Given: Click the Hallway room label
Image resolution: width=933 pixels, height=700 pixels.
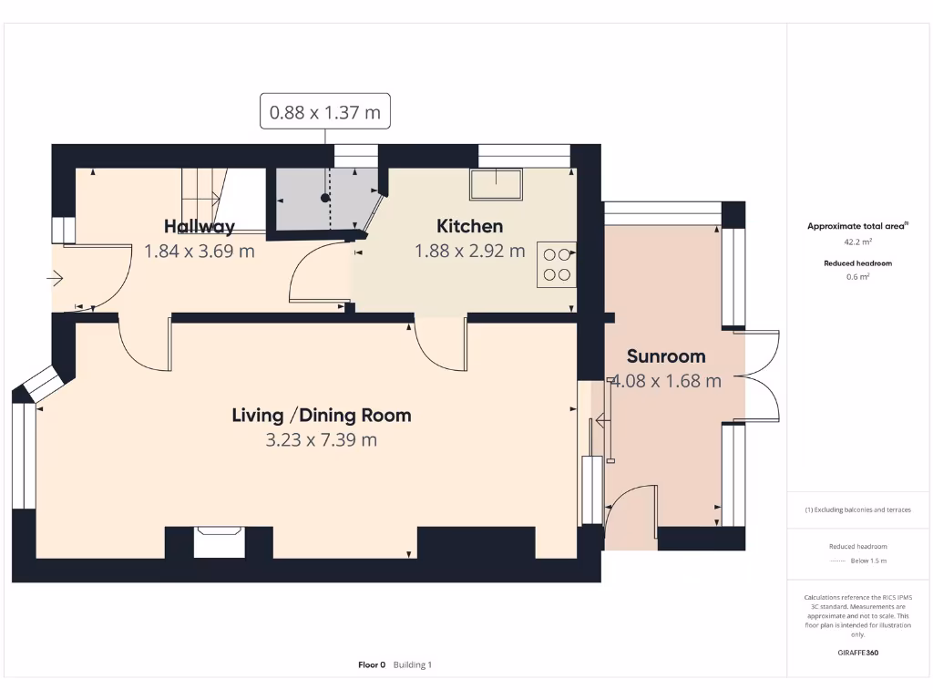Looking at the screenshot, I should (x=199, y=226).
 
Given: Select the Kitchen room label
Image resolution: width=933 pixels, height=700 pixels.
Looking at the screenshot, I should (x=469, y=226).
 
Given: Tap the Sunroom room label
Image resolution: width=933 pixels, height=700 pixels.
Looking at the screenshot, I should (x=666, y=356).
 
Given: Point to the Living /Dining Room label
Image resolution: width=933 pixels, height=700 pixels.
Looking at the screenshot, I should (x=322, y=416).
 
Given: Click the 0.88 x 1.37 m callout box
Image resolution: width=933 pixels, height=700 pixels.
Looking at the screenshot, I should (x=325, y=114).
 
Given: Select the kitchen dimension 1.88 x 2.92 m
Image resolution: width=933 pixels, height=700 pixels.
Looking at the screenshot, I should (x=469, y=251).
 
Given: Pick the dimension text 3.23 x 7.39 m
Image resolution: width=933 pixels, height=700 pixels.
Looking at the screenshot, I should (x=322, y=440).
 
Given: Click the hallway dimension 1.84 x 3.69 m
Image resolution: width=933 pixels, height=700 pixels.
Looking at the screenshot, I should (x=199, y=251).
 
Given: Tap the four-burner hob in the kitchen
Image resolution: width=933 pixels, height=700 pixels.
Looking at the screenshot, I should (x=556, y=264).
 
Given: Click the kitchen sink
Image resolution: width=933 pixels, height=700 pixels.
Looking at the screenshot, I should (x=497, y=184).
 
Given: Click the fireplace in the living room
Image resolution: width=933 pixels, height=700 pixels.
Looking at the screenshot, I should (x=219, y=541).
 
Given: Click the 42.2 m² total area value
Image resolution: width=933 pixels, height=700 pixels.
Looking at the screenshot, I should (x=857, y=242).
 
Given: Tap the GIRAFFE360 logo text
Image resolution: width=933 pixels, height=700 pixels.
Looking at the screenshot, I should (x=857, y=653).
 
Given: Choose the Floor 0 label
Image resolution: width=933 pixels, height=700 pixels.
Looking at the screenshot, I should (x=372, y=665).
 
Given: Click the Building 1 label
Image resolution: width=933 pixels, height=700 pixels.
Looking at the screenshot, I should (x=413, y=665).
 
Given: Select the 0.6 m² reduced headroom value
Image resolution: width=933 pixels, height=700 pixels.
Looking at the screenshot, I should (x=857, y=277).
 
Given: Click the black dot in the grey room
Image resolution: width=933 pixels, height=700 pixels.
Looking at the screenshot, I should (x=324, y=198).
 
